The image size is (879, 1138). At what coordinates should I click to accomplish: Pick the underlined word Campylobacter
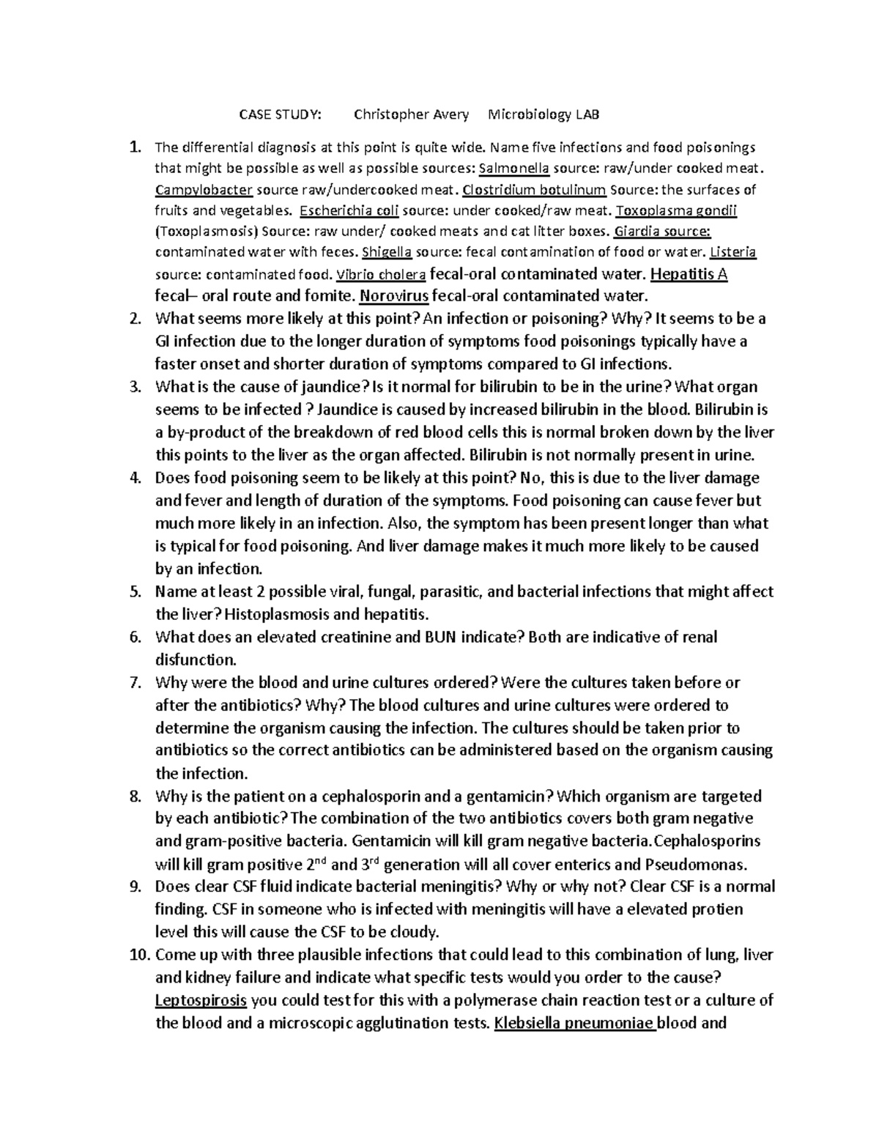click(x=204, y=190)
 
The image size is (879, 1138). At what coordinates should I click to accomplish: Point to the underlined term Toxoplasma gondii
click(x=676, y=211)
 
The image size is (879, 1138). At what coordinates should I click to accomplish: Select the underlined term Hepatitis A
click(x=689, y=275)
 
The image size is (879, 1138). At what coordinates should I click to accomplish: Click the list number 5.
click(x=134, y=591)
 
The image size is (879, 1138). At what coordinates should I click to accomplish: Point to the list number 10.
click(x=138, y=955)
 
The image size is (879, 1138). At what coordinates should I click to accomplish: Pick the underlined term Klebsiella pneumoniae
click(x=575, y=1023)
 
